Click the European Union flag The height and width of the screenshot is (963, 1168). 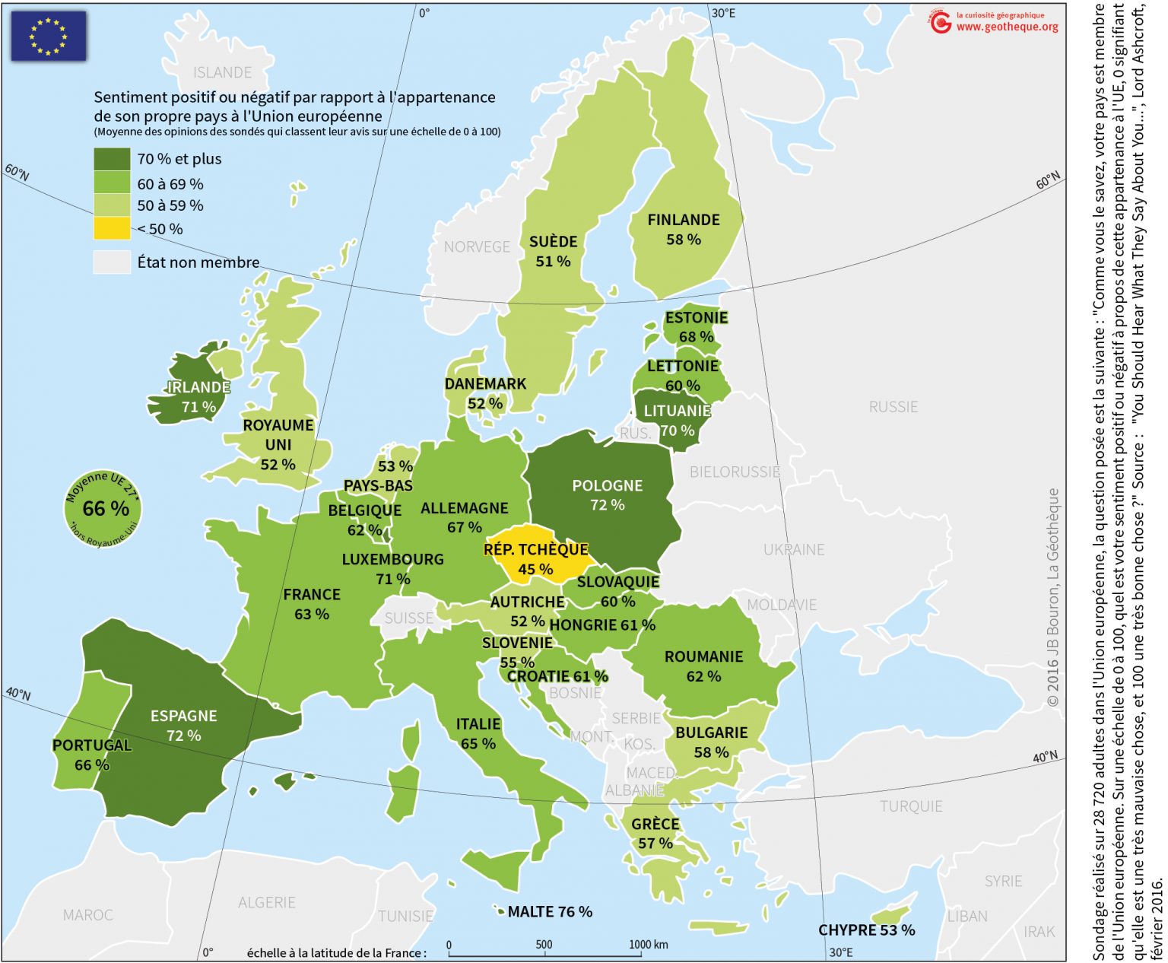48,36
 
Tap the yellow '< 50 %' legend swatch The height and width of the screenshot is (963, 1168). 112,228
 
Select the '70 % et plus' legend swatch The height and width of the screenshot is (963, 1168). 112,159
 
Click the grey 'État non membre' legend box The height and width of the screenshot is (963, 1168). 112,262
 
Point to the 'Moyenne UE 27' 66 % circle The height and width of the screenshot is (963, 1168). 102,508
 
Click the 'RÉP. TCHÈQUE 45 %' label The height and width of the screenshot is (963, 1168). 535,559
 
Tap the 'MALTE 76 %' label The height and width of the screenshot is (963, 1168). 549,911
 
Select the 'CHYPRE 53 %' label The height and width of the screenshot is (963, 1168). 866,930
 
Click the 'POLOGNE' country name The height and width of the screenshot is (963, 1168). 607,485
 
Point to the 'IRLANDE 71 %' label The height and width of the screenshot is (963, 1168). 198,396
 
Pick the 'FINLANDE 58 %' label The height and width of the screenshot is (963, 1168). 683,229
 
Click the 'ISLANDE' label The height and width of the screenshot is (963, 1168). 222,73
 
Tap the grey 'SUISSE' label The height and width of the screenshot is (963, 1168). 408,618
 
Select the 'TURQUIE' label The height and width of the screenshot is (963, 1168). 911,806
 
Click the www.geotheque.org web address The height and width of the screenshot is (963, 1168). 1007,27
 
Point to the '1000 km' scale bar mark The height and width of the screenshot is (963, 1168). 648,945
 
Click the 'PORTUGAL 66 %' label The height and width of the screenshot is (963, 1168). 92,755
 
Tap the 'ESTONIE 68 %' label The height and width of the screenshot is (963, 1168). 696,326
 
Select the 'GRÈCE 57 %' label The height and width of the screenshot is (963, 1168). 655,833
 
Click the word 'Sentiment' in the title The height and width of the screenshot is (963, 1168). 129,97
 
